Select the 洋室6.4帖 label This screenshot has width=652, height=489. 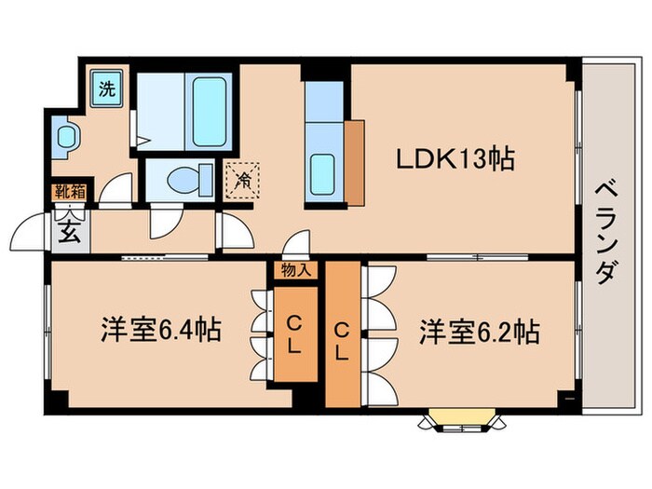pyautogui.click(x=160, y=330)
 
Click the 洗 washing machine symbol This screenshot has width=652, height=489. pyautogui.click(x=108, y=90)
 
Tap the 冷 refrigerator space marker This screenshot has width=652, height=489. pyautogui.click(x=241, y=178)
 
